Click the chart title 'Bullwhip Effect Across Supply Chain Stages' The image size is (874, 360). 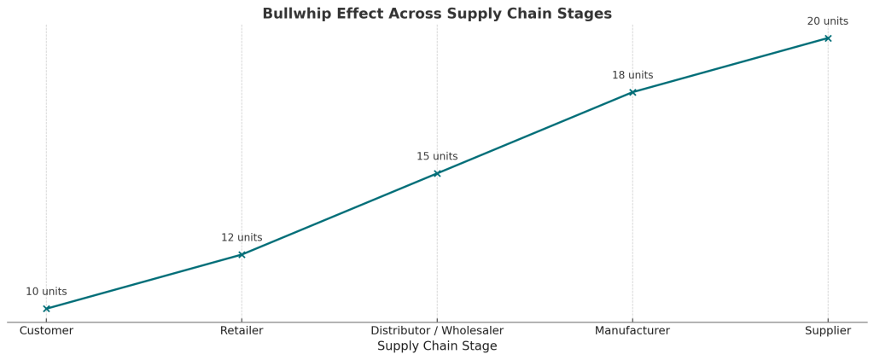click(x=436, y=14)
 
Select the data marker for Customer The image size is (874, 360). click(x=46, y=309)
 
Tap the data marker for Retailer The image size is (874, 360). click(x=242, y=254)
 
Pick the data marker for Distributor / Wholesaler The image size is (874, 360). click(x=437, y=173)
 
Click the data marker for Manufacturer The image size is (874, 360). click(x=632, y=92)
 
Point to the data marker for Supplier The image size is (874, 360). click(x=828, y=38)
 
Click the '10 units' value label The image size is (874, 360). click(x=46, y=292)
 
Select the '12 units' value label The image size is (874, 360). click(x=242, y=238)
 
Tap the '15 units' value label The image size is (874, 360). click(x=437, y=157)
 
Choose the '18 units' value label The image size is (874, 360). click(x=632, y=76)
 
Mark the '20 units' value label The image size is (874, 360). click(x=828, y=21)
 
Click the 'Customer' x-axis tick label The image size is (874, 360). click(x=46, y=331)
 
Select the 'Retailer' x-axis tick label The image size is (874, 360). click(x=242, y=331)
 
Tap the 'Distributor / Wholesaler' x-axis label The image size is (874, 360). click(x=437, y=331)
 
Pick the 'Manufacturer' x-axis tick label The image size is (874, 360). click(x=632, y=331)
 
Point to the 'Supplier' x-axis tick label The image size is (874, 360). click(x=828, y=331)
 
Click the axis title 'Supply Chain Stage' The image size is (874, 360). click(x=437, y=346)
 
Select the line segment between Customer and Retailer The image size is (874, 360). click(x=143, y=282)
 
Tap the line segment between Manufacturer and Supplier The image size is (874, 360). click(x=730, y=66)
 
